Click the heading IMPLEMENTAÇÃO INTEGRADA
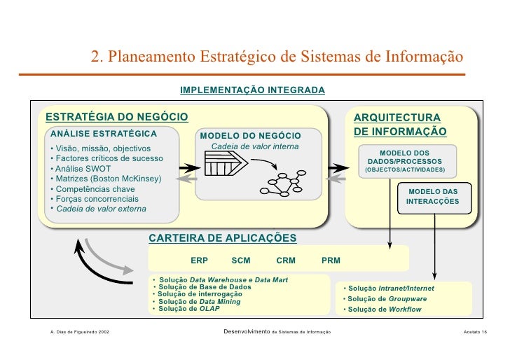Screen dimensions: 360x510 (252, 91)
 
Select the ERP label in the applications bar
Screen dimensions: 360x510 (199, 261)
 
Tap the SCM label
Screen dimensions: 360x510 (240, 261)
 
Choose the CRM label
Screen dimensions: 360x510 (286, 261)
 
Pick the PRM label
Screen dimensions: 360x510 (331, 261)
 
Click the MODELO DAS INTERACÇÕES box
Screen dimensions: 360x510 (433, 196)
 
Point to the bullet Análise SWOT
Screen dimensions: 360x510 (79, 169)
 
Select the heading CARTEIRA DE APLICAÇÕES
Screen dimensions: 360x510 (222, 238)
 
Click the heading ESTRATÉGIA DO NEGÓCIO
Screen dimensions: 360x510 (116, 116)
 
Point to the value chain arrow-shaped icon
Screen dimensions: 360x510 (223, 166)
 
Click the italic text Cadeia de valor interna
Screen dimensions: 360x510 (254, 146)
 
